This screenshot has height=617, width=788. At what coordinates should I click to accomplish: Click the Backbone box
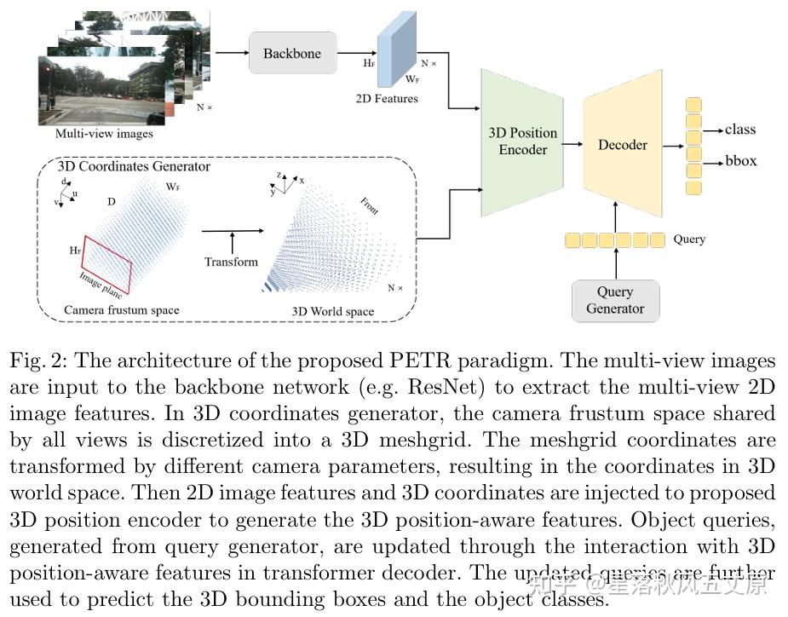point(292,53)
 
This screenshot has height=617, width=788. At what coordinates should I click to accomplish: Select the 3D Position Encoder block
point(522,141)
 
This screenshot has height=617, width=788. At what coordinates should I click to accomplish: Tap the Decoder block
point(623,145)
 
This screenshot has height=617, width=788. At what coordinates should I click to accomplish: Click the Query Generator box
point(615,300)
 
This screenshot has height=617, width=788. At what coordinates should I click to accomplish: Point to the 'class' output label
point(739,130)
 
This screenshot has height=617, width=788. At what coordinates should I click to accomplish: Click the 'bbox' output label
point(740,161)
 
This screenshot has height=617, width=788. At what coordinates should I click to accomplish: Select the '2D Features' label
point(387,99)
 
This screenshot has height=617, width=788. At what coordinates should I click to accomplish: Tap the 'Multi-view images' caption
point(104,134)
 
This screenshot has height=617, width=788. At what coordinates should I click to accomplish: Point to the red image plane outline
point(107,259)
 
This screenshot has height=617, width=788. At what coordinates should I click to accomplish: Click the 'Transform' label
point(231,262)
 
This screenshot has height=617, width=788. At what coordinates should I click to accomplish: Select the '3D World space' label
point(332,311)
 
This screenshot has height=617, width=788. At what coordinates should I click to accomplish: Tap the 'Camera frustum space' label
point(122,310)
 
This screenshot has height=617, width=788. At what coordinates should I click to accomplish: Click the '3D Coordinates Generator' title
point(134,166)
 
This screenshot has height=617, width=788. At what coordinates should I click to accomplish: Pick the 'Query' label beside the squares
point(688,239)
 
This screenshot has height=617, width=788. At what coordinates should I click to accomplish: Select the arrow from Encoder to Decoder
point(572,145)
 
